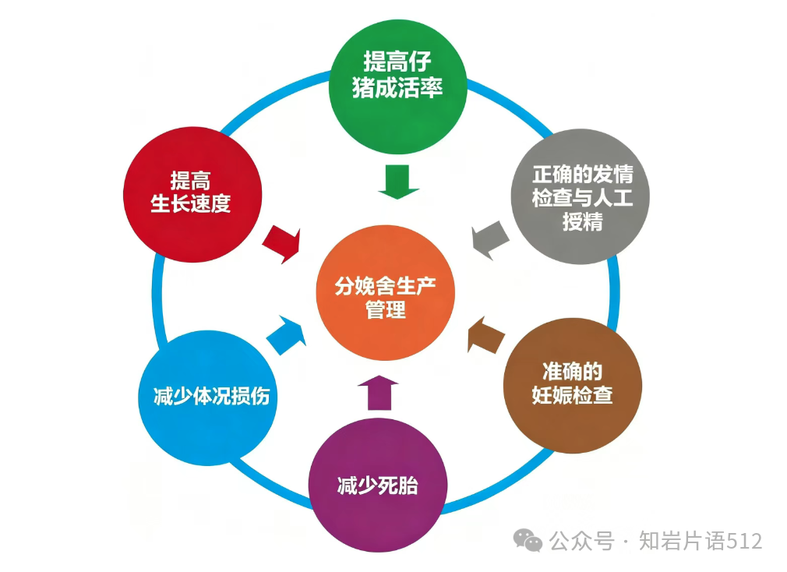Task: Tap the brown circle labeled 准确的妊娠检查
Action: click(x=570, y=387)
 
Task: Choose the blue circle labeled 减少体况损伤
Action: click(x=211, y=396)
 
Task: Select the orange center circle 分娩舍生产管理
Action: click(x=385, y=298)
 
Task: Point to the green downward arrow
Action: click(x=399, y=181)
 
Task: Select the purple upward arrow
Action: click(x=378, y=390)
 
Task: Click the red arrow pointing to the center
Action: click(x=282, y=242)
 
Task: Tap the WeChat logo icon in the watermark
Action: click(x=531, y=541)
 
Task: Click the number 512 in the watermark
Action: click(x=743, y=541)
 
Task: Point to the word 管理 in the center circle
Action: click(x=385, y=309)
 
